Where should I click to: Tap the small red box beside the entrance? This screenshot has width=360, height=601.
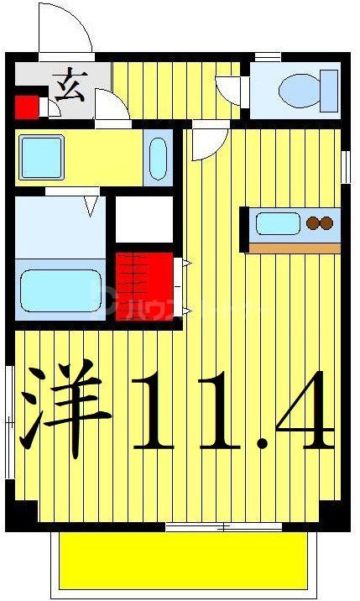(x=27, y=107)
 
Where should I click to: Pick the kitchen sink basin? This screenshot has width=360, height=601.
(x=276, y=223)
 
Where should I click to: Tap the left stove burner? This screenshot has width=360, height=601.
(x=314, y=223)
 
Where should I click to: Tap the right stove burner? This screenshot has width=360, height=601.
(x=326, y=223)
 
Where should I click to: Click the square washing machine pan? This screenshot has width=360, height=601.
(x=37, y=155)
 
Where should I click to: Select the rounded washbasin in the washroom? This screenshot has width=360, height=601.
(x=157, y=157)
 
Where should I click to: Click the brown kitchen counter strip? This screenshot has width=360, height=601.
(x=295, y=248)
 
